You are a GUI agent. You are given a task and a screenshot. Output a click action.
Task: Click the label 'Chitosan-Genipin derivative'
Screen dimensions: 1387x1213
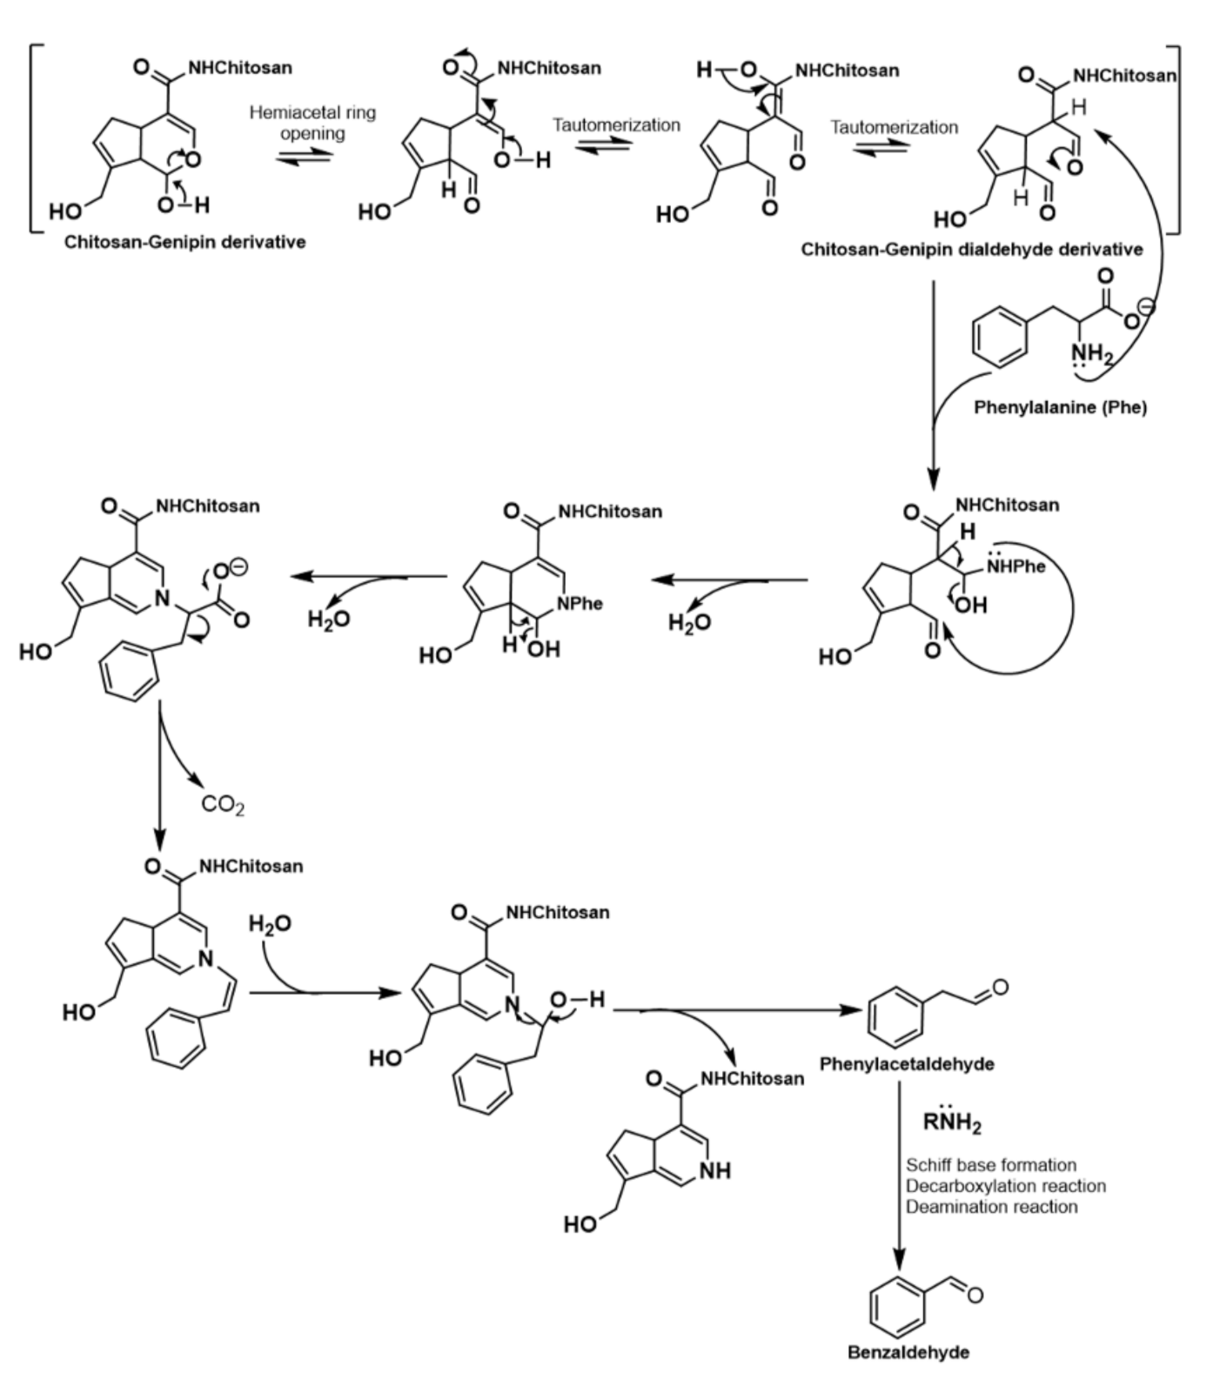(x=185, y=242)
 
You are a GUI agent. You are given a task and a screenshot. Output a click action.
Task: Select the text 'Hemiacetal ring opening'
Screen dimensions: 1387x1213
(x=312, y=123)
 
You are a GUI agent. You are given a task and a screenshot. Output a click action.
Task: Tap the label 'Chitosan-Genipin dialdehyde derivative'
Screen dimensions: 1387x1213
(x=971, y=250)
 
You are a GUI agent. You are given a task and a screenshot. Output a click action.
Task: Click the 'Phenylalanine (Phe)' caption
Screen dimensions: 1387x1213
(x=1060, y=407)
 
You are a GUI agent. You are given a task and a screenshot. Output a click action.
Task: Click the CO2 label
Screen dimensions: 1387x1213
(x=223, y=804)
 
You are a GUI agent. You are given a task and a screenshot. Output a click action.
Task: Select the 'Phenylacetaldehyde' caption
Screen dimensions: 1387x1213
(x=907, y=1064)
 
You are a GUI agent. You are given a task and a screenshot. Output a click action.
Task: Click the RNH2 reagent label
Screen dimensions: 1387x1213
(x=952, y=1122)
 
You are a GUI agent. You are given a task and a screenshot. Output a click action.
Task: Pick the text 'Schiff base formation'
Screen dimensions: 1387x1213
(x=990, y=1165)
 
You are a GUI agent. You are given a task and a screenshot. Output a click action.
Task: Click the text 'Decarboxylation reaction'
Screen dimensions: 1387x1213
(x=1005, y=1186)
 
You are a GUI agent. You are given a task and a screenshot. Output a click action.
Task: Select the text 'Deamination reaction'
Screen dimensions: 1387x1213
(x=991, y=1207)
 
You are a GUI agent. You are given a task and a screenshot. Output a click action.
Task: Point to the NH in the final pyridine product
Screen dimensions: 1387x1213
(x=714, y=1171)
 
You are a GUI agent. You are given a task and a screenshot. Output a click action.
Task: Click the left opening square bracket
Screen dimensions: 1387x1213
(x=32, y=139)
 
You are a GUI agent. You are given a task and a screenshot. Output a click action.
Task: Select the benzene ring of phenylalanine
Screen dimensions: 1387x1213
(x=1000, y=339)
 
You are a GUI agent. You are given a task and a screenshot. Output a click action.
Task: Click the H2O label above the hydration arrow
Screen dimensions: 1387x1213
(x=270, y=924)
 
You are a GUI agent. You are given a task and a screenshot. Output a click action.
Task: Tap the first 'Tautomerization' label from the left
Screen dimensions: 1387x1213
(x=616, y=125)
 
